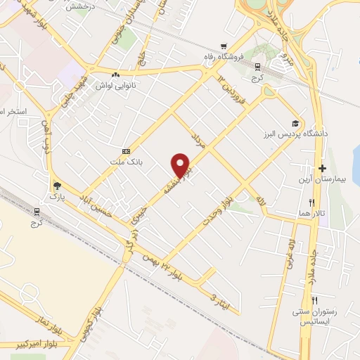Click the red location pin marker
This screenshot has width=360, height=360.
[x=181, y=165]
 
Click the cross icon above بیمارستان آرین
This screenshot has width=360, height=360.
[x=323, y=169]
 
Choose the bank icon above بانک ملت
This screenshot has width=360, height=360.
[x=127, y=151]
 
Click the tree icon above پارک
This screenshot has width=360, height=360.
[x=57, y=186]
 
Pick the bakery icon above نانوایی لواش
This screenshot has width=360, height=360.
[x=115, y=74]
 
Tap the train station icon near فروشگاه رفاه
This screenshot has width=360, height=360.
[x=258, y=67]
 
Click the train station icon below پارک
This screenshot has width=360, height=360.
[x=37, y=210]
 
